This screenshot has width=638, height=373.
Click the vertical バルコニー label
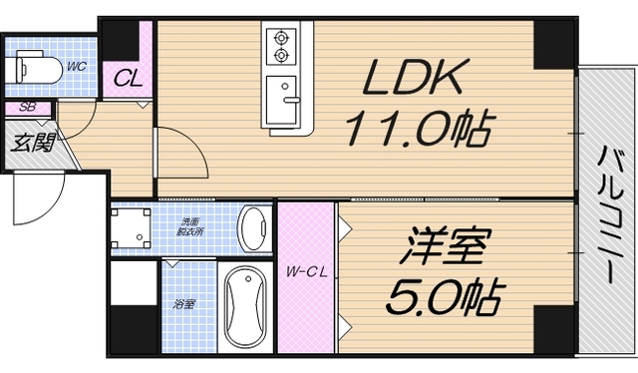point(607,214)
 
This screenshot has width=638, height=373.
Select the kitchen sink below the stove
point(287,101)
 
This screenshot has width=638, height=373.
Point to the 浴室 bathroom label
point(184,303)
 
